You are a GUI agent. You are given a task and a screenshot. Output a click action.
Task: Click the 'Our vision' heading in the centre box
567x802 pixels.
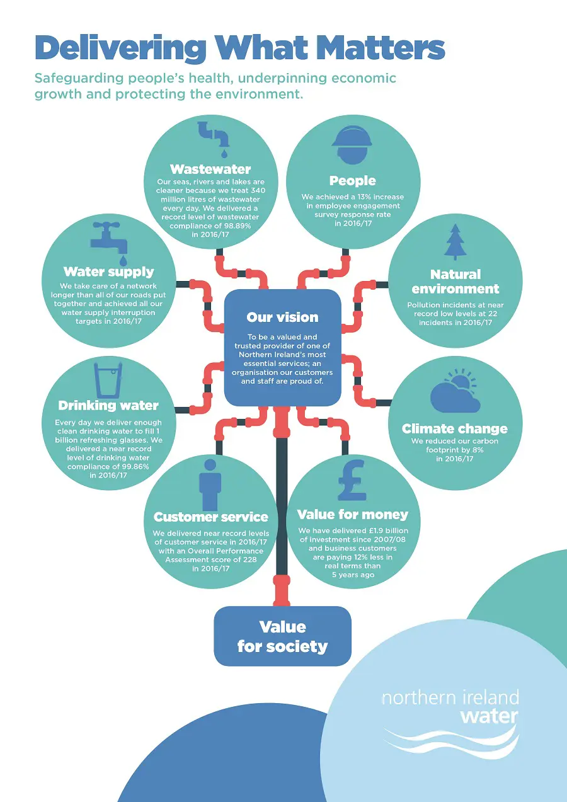point(282,317)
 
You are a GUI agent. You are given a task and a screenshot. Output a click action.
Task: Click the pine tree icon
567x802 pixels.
point(455,243)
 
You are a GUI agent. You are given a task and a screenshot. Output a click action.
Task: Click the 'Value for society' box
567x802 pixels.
point(282,636)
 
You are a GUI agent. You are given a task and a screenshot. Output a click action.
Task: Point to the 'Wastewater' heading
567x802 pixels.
point(210,169)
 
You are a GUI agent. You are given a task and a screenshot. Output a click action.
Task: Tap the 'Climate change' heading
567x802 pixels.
point(454,429)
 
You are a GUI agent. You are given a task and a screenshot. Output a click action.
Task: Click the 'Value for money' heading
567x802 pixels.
point(353,515)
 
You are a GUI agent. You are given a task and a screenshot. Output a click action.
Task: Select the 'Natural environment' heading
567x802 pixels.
point(455,282)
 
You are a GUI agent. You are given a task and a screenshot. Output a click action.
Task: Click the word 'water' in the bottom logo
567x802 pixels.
point(489,716)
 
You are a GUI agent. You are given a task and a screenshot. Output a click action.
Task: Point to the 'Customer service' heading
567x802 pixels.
point(211,517)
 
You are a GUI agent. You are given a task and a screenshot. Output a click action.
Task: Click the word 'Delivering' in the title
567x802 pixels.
point(120,49)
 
